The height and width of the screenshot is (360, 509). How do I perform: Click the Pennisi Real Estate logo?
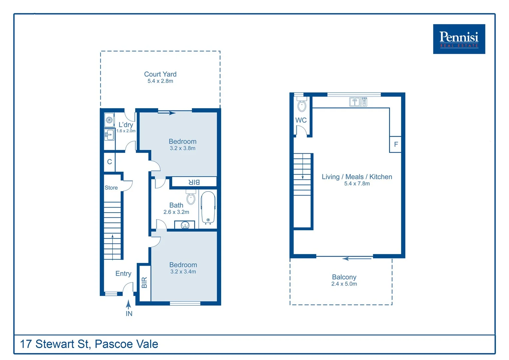459,39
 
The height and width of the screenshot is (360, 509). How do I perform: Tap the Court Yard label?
160,74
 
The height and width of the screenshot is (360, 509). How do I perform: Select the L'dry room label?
126,125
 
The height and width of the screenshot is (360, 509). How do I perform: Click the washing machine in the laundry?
109,120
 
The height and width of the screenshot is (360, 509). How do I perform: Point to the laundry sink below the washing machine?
109,135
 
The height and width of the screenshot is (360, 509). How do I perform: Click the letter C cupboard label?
109,162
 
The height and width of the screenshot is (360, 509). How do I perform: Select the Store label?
111,188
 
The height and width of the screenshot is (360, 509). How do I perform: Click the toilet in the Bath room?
191,198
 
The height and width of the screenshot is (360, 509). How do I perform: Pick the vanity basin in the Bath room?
185,225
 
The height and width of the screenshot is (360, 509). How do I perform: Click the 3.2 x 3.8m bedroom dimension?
183,148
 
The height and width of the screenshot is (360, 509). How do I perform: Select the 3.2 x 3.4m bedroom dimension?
183,272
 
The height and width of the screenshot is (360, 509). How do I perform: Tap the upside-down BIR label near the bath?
194,182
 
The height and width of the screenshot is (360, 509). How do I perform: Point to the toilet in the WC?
302,105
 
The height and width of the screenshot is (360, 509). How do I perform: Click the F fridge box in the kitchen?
396,144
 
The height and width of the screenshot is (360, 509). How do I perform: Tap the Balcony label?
344,277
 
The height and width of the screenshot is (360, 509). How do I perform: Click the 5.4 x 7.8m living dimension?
357,184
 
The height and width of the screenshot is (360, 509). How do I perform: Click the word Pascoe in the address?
109,344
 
